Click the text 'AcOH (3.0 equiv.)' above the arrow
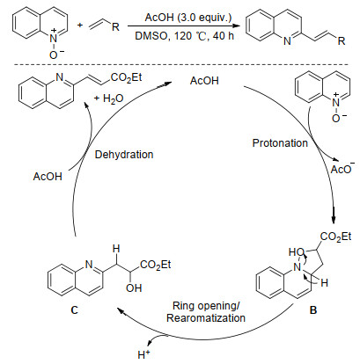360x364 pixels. pyautogui.click(x=188, y=18)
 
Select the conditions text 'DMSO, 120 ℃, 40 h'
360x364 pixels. pyautogui.click(x=185, y=36)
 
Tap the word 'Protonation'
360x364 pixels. pyautogui.click(x=280, y=143)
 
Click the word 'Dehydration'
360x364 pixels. pyautogui.click(x=124, y=155)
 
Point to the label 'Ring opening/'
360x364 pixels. pyautogui.click(x=206, y=306)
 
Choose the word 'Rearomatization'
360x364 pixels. pyautogui.click(x=206, y=318)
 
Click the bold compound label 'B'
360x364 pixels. pyautogui.click(x=313, y=310)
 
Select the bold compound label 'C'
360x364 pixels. pyautogui.click(x=75, y=310)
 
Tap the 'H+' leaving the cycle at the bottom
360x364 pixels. pyautogui.click(x=143, y=354)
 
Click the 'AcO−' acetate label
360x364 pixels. pyautogui.click(x=342, y=168)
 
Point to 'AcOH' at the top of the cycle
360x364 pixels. pyautogui.click(x=204, y=81)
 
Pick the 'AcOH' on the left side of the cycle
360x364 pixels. pyautogui.click(x=48, y=177)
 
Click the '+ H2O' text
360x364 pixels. pyautogui.click(x=108, y=98)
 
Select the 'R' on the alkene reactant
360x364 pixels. pyautogui.click(x=115, y=27)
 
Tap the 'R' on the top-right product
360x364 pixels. pyautogui.click(x=342, y=40)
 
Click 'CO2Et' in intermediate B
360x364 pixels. pyautogui.click(x=335, y=237)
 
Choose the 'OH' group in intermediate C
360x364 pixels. pyautogui.click(x=134, y=288)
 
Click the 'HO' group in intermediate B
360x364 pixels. pyautogui.click(x=296, y=252)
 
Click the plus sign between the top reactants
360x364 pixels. pyautogui.click(x=80, y=25)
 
